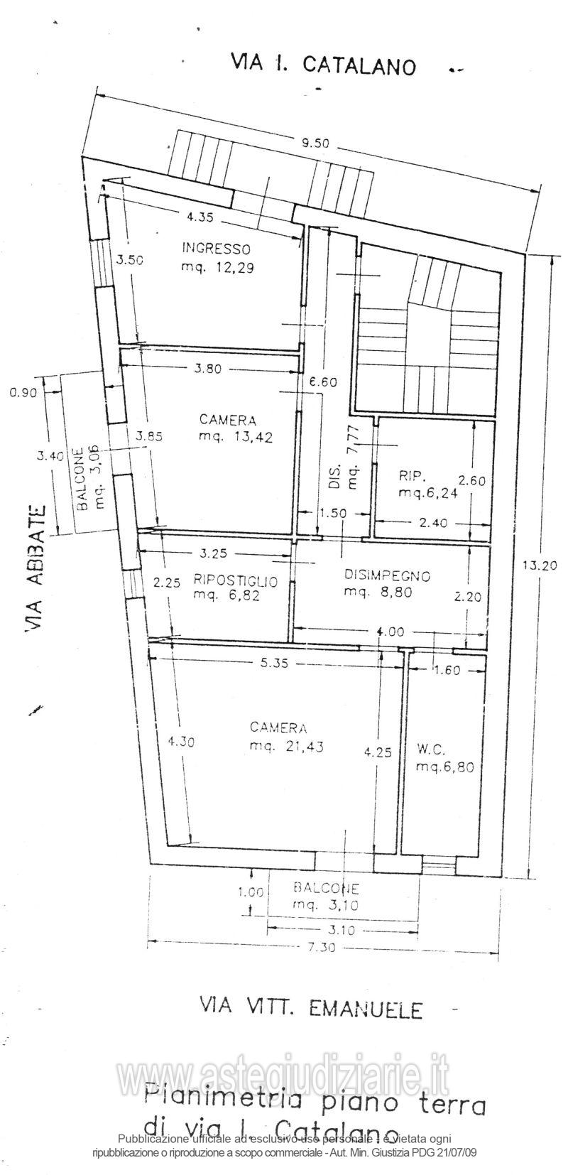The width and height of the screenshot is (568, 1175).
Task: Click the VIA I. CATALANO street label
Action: (322, 65)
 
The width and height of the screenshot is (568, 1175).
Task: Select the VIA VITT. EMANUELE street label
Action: (311, 1008)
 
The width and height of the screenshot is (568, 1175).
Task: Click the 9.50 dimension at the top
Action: (315, 144)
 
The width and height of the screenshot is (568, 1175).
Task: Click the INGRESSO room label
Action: (216, 249)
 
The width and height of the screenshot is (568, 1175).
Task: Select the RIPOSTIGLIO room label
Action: (235, 580)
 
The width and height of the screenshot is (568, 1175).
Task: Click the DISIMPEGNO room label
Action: (388, 575)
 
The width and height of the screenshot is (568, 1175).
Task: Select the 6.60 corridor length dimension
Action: (328, 381)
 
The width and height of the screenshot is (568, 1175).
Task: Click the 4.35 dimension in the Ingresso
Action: (200, 217)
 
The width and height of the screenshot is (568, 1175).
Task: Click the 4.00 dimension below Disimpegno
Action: (391, 632)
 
